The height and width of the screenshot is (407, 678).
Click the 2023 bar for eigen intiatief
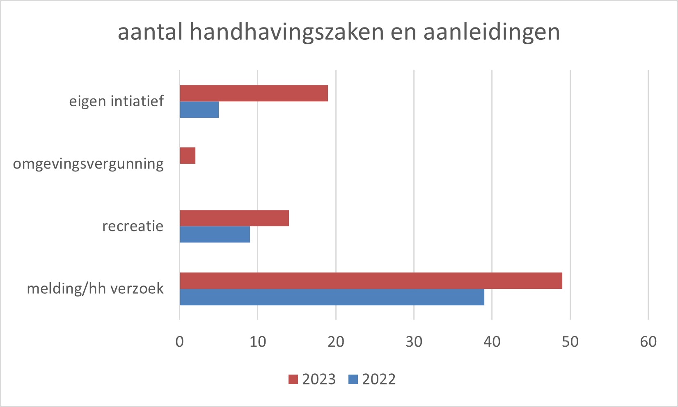[x=254, y=93]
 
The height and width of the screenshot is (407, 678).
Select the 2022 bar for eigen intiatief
[x=199, y=110]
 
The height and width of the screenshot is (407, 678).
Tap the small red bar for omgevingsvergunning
[x=188, y=155]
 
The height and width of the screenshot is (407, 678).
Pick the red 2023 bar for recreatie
[x=234, y=218]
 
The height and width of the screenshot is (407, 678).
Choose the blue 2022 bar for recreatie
[x=215, y=234]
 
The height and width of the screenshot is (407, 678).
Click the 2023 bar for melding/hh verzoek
[x=371, y=281]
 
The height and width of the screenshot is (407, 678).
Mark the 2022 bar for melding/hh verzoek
[x=332, y=297]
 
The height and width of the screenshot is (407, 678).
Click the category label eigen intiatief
[x=116, y=101]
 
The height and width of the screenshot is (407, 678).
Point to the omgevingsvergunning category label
[x=88, y=164]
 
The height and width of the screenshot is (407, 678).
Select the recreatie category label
[x=133, y=226]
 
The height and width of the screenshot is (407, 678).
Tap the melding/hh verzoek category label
[x=95, y=288]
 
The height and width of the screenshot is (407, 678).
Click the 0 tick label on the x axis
[x=180, y=341]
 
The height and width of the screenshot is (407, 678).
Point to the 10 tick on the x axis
[x=258, y=341]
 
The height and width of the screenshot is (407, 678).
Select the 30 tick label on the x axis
[x=414, y=341]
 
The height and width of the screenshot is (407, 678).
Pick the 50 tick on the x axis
[x=570, y=341]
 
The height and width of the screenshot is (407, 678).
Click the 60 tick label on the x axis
[x=648, y=341]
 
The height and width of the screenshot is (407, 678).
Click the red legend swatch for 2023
[x=293, y=380]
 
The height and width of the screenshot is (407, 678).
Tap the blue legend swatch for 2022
[x=353, y=380]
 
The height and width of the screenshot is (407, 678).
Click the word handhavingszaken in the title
[x=287, y=32]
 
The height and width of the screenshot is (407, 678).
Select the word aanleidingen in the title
[x=492, y=32]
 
